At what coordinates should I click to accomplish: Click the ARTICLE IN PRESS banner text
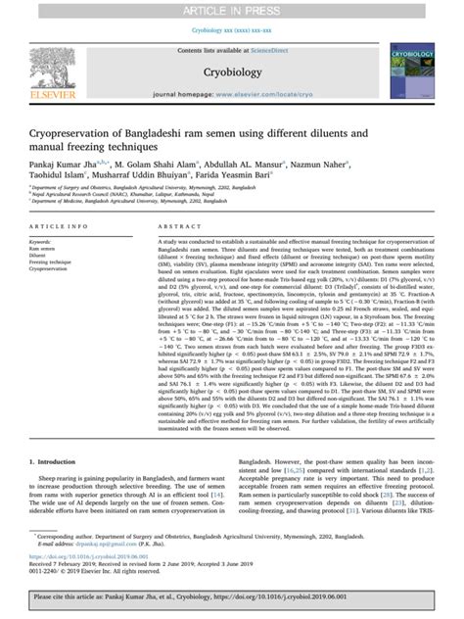[x=231, y=9]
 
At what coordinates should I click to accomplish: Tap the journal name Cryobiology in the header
[x=231, y=71]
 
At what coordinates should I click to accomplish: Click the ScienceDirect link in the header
[x=275, y=48]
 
